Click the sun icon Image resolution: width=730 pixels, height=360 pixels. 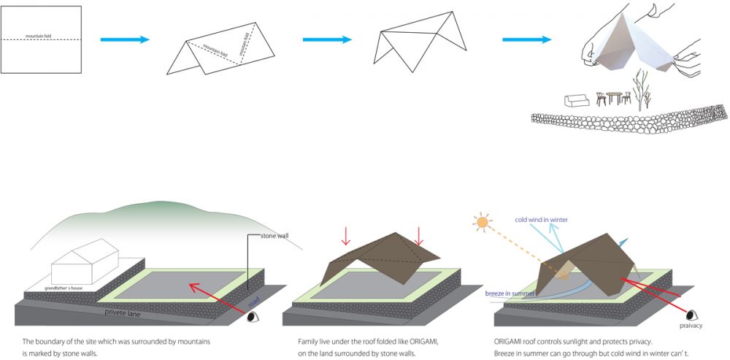[x=481, y=221]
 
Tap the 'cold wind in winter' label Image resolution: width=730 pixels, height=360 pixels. [x=541, y=219]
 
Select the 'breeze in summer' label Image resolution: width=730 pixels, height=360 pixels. [x=510, y=294]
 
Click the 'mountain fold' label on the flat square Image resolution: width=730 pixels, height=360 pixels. [x=39, y=35]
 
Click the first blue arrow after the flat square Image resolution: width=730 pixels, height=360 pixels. [x=124, y=39]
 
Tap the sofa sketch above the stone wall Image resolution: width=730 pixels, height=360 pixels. [x=577, y=100]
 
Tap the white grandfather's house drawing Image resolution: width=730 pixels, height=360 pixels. [x=84, y=264]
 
